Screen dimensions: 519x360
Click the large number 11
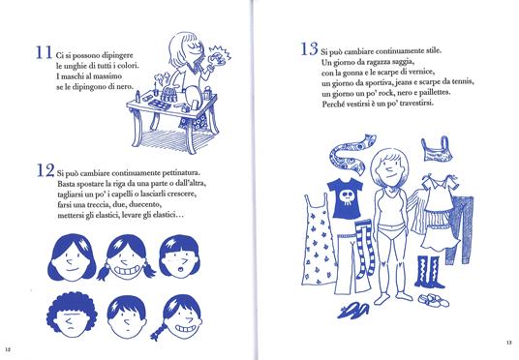coord(44,52)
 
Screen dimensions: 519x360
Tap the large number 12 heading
coord(46,170)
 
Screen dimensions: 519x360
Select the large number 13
coord(309,49)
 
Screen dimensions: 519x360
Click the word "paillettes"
coord(433,93)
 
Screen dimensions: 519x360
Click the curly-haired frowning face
coord(72,315)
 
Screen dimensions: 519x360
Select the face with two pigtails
coord(126,257)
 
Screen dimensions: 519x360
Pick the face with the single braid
coord(179,317)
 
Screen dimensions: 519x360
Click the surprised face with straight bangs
coord(179,256)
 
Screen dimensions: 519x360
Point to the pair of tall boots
coord(429,272)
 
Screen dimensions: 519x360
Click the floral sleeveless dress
coord(319,241)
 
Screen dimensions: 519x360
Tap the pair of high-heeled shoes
coord(353,310)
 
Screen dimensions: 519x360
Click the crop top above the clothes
coord(437,150)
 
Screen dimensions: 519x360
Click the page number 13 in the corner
coord(508,343)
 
